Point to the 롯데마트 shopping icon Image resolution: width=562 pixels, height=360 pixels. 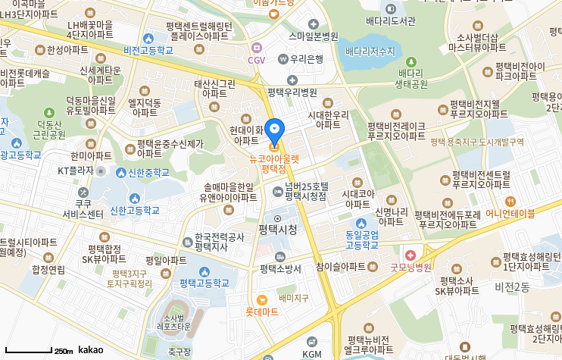tap(262, 299)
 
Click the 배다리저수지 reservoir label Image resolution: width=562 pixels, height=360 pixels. tap(370, 51)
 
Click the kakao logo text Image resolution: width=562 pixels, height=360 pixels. tap(90, 350)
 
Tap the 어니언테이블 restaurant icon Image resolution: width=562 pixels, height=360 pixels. tap(510, 202)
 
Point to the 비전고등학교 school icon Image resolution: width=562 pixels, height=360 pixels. tap(148, 39)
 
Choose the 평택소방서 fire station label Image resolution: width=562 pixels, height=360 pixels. tap(280, 268)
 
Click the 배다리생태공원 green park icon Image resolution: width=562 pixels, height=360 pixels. tap(411, 62)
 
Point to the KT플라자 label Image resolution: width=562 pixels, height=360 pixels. tap(75, 171)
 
